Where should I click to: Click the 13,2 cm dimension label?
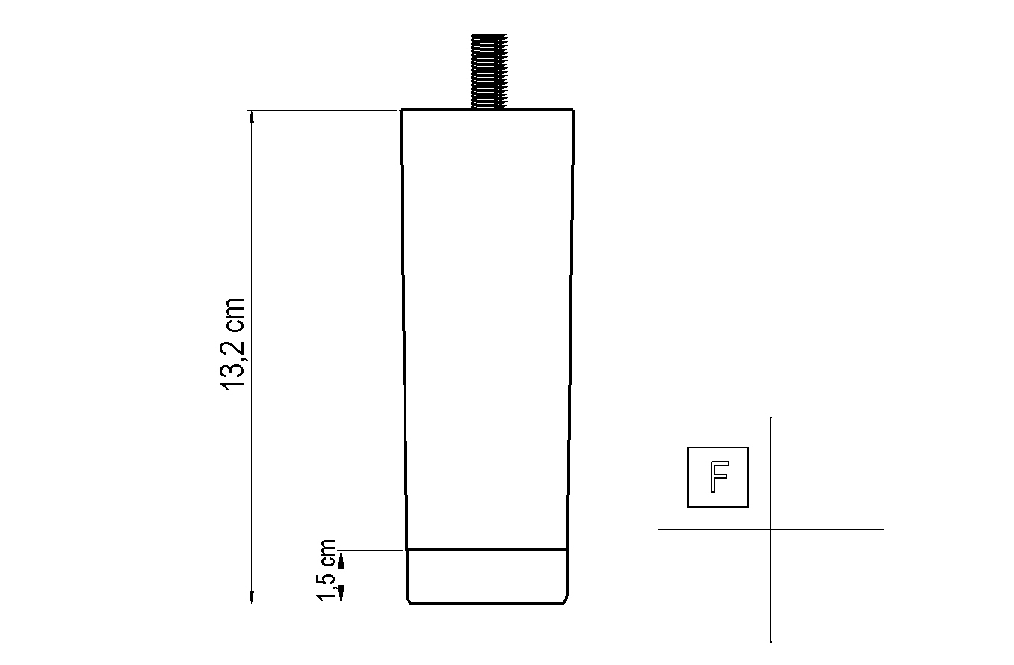coord(232,343)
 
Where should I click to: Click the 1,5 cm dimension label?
coord(326,571)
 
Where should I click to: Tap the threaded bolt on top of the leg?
coord(489,71)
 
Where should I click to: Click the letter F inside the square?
coord(719,476)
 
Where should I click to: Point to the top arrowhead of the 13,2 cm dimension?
coord(252,117)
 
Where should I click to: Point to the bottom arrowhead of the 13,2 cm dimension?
coord(252,597)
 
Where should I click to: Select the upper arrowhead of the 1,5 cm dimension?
coord(341,561)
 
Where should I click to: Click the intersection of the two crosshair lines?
coord(770,529)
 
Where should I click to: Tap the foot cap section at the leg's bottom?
coord(487,577)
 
